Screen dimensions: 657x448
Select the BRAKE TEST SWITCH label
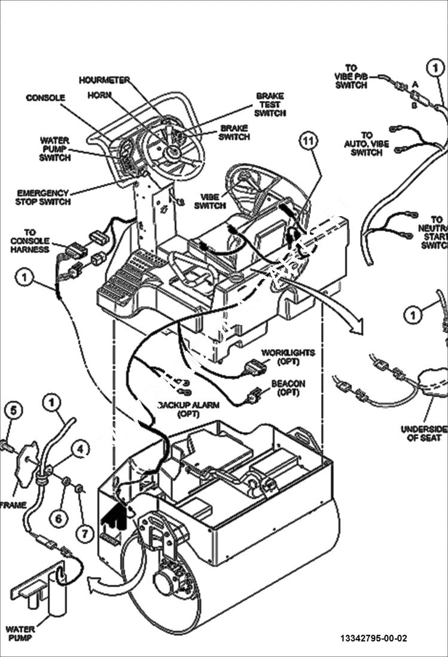(x=269, y=104)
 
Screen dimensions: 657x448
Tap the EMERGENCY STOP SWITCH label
(x=42, y=197)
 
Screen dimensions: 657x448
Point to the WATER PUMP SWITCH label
(x=55, y=149)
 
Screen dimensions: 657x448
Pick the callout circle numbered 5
(x=14, y=410)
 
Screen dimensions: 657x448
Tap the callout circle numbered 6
(x=57, y=518)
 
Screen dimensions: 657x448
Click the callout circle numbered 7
(x=84, y=532)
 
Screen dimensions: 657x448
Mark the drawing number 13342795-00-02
(x=377, y=638)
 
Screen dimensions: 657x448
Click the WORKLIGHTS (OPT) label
(x=288, y=357)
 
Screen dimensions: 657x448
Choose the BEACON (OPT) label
(x=288, y=387)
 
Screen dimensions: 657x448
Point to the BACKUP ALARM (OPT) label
(x=188, y=409)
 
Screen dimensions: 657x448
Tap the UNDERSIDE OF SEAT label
(x=424, y=433)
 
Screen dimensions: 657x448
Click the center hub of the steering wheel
(x=174, y=151)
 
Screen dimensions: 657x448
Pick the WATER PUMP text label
(x=20, y=633)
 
